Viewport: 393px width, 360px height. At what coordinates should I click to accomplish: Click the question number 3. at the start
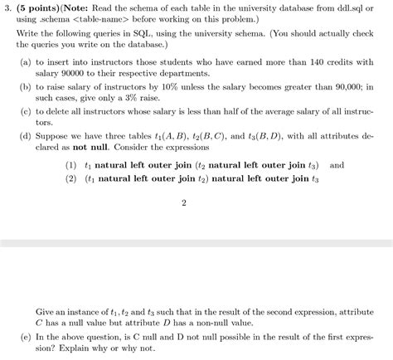pyautogui.click(x=7, y=7)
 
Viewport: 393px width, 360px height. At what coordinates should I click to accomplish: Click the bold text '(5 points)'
pyautogui.click(x=36, y=7)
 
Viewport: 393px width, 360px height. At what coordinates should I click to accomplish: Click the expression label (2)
pyautogui.click(x=70, y=178)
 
